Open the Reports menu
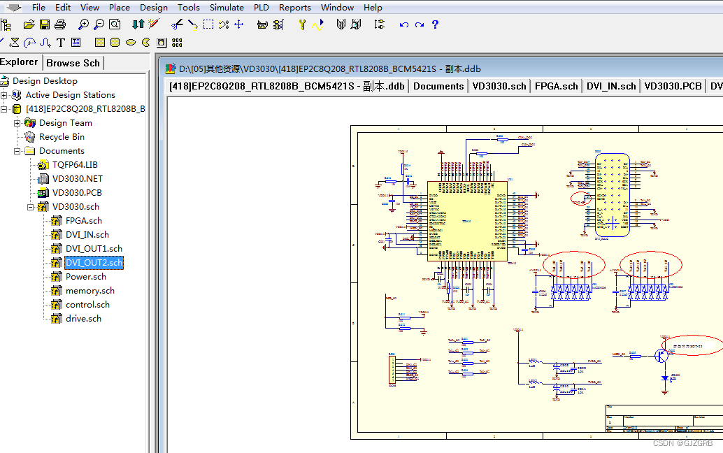point(294,8)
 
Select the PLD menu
point(262,8)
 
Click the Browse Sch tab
point(73,63)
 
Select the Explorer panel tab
point(20,62)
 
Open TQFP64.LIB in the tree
point(75,165)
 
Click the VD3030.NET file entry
point(77,179)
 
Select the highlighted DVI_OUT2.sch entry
point(94,263)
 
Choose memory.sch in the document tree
point(90,291)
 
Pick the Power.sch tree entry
point(85,277)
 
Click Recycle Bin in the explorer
point(62,137)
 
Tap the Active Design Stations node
point(70,95)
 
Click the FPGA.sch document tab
point(557,86)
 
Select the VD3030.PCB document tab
point(673,86)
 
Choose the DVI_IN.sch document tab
point(611,86)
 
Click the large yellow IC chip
point(467,221)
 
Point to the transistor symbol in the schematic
point(660,355)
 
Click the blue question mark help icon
point(435,24)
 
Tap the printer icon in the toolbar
point(60,24)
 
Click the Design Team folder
point(65,123)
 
